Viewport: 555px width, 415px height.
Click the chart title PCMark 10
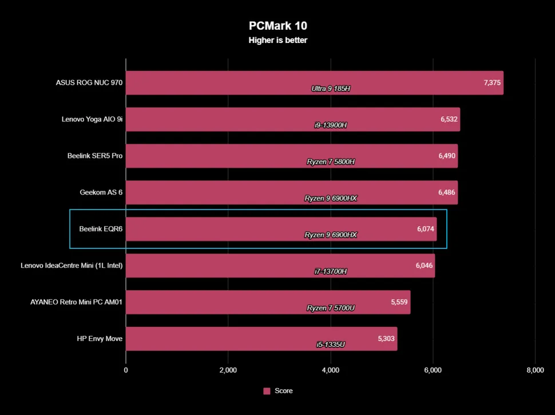coord(277,26)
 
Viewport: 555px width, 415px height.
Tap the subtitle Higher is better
coord(277,40)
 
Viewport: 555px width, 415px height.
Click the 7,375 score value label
coord(492,83)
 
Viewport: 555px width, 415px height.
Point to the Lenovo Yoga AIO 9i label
coord(92,120)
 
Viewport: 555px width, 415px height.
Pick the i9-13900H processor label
coord(331,125)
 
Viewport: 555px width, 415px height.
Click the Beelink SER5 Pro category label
coord(95,156)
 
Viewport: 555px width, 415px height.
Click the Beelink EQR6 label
coord(101,229)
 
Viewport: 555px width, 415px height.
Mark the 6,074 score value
coord(426,229)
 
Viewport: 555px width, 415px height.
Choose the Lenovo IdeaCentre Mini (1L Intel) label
coord(72,266)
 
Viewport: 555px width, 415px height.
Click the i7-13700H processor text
coord(331,271)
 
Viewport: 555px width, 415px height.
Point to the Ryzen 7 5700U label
coord(331,308)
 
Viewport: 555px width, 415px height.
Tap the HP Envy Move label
coord(100,339)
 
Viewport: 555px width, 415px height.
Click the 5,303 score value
coord(386,339)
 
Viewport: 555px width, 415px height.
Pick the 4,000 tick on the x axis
coord(331,370)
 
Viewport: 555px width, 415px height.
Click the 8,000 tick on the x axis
coord(535,370)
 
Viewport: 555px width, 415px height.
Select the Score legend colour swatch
coord(267,391)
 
